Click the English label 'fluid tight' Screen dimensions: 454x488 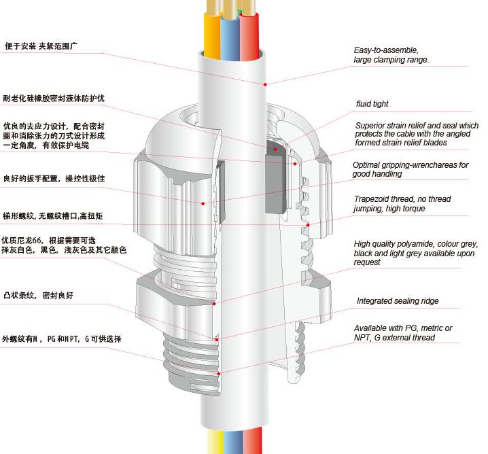click(x=372, y=104)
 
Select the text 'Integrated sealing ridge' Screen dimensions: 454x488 click(x=398, y=301)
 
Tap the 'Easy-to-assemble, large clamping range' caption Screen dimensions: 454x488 click(x=391, y=55)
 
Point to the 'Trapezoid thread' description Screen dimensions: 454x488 click(x=402, y=204)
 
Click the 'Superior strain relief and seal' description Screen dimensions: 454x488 click(x=417, y=134)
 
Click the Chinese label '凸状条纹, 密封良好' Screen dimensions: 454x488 click(x=38, y=296)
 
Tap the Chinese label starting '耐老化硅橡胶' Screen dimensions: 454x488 click(x=54, y=99)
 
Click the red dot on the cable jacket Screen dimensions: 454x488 click(x=264, y=84)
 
